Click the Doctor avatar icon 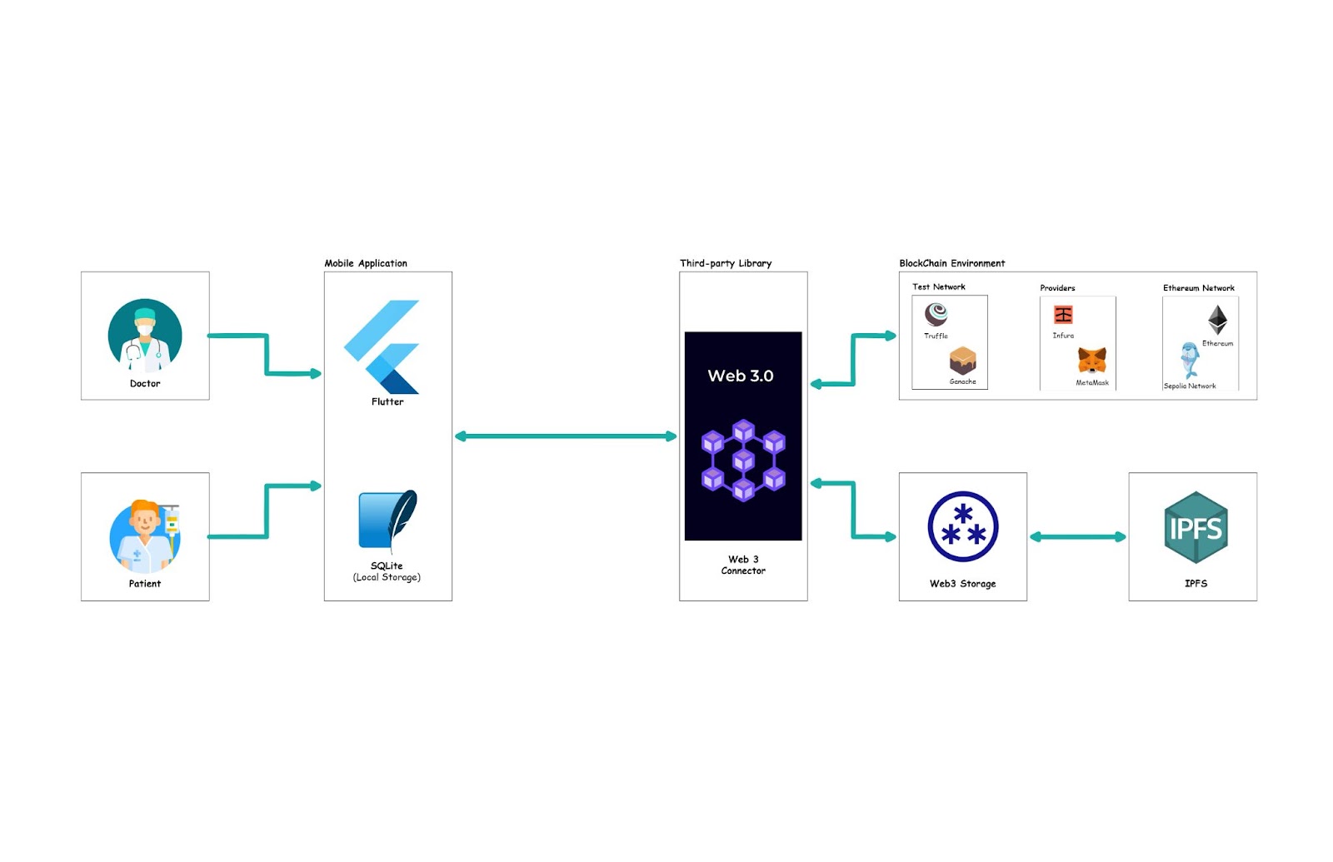pyautogui.click(x=145, y=336)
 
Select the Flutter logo pyautogui.click(x=382, y=346)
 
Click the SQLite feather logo pyautogui.click(x=387, y=521)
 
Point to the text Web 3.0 pyautogui.click(x=741, y=376)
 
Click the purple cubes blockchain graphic pyautogui.click(x=743, y=461)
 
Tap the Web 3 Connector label pyautogui.click(x=743, y=565)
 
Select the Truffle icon pyautogui.click(x=936, y=315)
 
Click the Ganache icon pyautogui.click(x=962, y=361)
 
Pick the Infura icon pyautogui.click(x=1063, y=315)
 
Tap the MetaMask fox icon pyautogui.click(x=1092, y=361)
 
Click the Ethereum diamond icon pyautogui.click(x=1217, y=320)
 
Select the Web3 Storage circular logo pyautogui.click(x=963, y=527)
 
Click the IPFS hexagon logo pyautogui.click(x=1196, y=528)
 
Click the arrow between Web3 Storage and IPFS pyautogui.click(x=1077, y=537)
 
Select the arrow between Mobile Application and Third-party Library pyautogui.click(x=566, y=436)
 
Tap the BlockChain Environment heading pyautogui.click(x=951, y=263)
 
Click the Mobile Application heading pyautogui.click(x=366, y=263)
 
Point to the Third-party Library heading pyautogui.click(x=726, y=263)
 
